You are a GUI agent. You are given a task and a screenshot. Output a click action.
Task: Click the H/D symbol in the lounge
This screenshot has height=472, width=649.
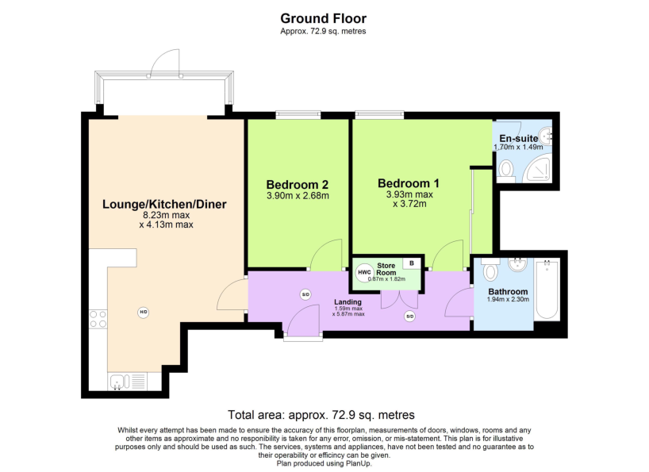[x=143, y=312]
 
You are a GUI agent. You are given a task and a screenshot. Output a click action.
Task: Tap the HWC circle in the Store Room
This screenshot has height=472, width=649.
[x=364, y=273]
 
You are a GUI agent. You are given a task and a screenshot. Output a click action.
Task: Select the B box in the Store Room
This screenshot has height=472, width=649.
[x=412, y=263]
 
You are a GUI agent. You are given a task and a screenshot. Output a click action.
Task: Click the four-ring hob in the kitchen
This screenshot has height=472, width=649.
[x=98, y=319]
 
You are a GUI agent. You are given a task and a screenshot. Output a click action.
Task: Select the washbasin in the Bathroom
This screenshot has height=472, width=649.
[x=520, y=265]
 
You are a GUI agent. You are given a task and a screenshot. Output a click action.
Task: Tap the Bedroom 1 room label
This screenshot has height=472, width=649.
[x=409, y=182]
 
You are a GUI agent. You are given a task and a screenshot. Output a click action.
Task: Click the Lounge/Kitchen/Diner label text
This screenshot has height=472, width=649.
[x=164, y=204]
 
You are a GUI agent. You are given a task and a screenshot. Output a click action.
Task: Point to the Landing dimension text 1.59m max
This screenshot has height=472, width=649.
[x=348, y=308]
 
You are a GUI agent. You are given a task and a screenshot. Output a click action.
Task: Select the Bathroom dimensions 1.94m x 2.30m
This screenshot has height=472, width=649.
[x=508, y=300]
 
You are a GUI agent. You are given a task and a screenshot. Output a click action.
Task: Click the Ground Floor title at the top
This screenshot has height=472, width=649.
[x=323, y=18]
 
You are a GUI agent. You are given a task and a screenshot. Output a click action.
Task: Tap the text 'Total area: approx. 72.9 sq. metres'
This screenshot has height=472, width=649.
[x=321, y=414]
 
